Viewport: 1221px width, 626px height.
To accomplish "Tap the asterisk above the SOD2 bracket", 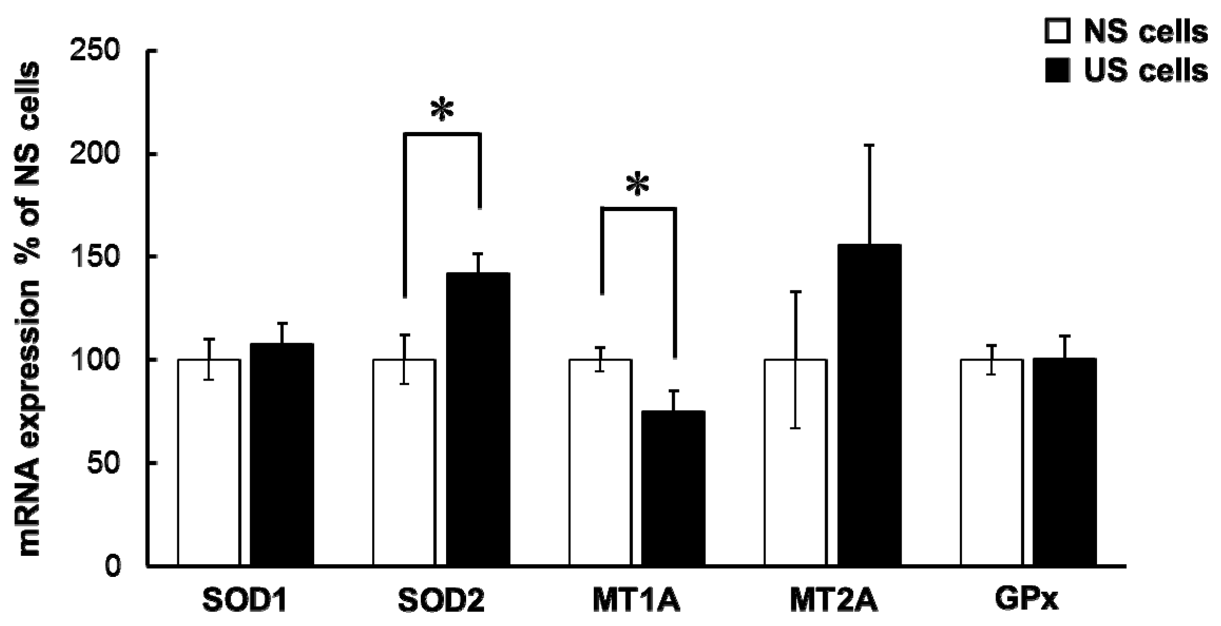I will pos(442,110).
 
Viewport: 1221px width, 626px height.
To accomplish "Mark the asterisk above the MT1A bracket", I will pos(638,185).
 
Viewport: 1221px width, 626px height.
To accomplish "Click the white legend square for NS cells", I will pos(1057,31).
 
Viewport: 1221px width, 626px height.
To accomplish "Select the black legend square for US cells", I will pos(1057,70).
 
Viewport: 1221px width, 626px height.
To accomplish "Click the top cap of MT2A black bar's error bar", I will pos(869,145).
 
